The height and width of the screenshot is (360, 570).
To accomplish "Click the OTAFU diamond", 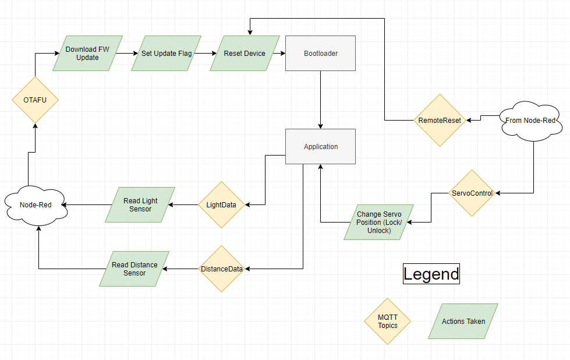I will coord(35,100).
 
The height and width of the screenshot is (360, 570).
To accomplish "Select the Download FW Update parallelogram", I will coord(87,54).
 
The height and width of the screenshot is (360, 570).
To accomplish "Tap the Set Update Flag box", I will coord(166,54).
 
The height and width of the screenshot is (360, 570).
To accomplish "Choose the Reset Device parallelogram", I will coord(245,54).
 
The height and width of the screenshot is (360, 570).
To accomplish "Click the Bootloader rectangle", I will coord(320,54).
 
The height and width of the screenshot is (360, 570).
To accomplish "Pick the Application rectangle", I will coord(320,146).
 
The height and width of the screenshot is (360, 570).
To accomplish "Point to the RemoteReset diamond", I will coord(440,121).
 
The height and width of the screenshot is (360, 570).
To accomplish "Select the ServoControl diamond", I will coord(472,193).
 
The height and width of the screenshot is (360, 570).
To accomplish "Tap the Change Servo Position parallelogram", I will coord(379,222).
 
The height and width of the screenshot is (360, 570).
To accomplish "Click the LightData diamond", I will coord(221,204).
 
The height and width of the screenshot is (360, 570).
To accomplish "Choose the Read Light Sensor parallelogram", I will coord(140,204).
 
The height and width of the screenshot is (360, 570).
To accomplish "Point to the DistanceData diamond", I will coord(221,269).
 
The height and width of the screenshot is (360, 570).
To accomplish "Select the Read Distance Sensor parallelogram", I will coord(134,269).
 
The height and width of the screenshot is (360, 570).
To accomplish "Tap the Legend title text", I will coord(431,274).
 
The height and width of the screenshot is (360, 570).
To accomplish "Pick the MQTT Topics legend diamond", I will coord(387,321).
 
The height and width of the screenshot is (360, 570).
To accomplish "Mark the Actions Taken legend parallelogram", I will coord(463,321).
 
